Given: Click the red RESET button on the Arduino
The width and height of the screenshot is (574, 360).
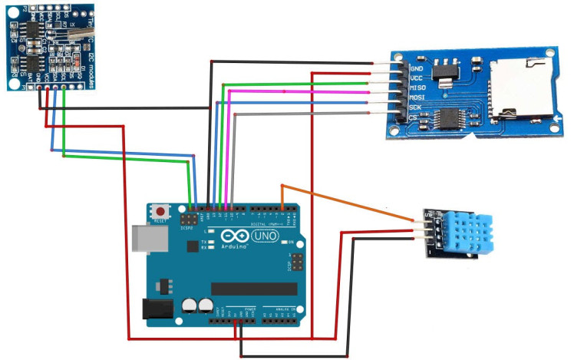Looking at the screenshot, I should (x=161, y=210).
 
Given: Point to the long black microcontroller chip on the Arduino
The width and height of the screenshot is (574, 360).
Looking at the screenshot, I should (x=253, y=288).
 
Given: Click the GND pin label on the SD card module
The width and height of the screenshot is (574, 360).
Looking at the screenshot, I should (x=397, y=68).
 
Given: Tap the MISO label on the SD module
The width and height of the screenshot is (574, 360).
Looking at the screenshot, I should (x=398, y=88).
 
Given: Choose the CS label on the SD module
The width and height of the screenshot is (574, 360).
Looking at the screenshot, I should (x=394, y=117).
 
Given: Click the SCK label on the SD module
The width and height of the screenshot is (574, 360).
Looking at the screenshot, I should (x=397, y=107).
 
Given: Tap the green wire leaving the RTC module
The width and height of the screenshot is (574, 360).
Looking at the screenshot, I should (x=123, y=157).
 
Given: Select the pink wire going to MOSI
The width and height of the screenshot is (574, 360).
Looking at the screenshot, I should (x=307, y=91).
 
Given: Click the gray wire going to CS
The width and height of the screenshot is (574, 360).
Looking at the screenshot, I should (x=307, y=114).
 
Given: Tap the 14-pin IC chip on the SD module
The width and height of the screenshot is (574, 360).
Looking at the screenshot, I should (x=447, y=117).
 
